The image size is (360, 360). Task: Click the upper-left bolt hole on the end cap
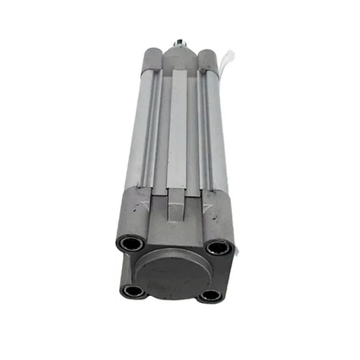tap(131, 245)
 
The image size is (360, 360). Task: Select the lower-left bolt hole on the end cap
tap(132, 291)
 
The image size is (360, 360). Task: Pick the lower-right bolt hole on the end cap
tap(209, 295)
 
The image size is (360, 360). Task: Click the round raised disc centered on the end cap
tap(170, 274)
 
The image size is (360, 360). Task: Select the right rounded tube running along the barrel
tap(212, 130)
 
